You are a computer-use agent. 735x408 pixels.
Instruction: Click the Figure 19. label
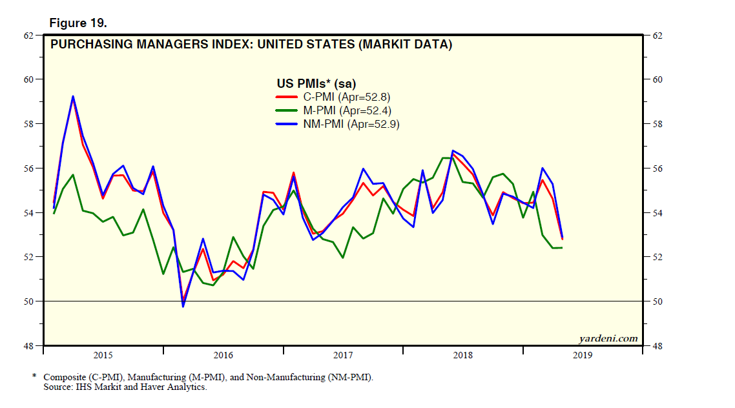click(x=78, y=23)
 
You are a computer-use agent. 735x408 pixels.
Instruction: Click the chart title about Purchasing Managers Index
click(x=251, y=45)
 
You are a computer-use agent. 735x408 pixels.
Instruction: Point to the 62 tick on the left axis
click(x=28, y=36)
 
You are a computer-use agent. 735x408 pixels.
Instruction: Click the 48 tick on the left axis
click(x=28, y=346)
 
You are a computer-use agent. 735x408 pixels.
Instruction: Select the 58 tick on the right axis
click(x=658, y=124)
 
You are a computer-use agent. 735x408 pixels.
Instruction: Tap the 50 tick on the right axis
click(x=658, y=301)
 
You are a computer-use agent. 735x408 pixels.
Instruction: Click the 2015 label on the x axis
click(x=103, y=355)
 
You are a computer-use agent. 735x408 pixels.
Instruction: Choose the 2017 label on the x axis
click(x=343, y=355)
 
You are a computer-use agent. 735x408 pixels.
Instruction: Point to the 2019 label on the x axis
click(x=583, y=355)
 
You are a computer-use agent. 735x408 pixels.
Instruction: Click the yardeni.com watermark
click(x=608, y=338)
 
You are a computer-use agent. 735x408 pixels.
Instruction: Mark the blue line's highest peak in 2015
click(x=73, y=96)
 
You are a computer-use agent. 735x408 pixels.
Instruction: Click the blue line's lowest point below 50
click(x=183, y=306)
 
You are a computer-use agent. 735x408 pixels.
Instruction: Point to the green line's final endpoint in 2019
click(x=561, y=248)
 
